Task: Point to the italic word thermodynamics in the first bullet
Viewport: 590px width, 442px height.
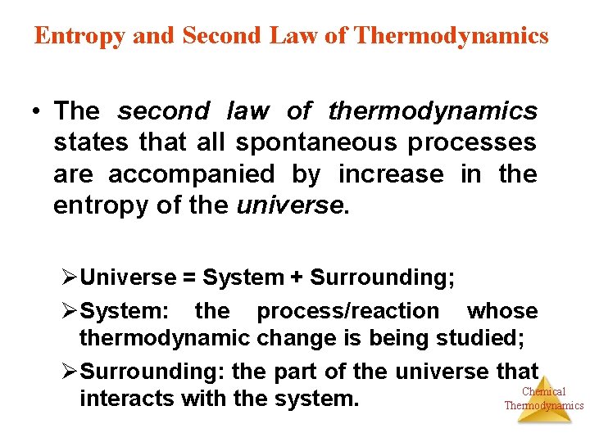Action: pyautogui.click(x=433, y=110)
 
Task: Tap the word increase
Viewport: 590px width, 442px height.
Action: pyautogui.click(x=391, y=174)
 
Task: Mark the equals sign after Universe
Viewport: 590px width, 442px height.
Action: pyautogui.click(x=188, y=278)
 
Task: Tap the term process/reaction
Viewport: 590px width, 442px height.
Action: pyautogui.click(x=347, y=311)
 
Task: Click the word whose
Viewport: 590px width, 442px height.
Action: pyautogui.click(x=501, y=311)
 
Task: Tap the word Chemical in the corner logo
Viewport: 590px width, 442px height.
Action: pyautogui.click(x=543, y=392)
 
